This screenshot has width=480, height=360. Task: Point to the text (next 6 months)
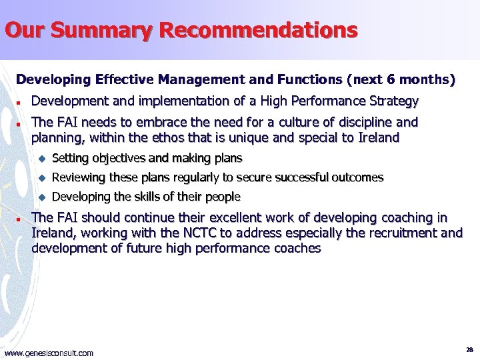(x=401, y=80)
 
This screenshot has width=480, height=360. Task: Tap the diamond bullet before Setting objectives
(x=41, y=159)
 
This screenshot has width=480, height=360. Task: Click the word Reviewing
(x=79, y=177)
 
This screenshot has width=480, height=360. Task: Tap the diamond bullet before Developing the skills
(x=41, y=197)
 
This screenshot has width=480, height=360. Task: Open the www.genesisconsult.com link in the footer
(x=49, y=353)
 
